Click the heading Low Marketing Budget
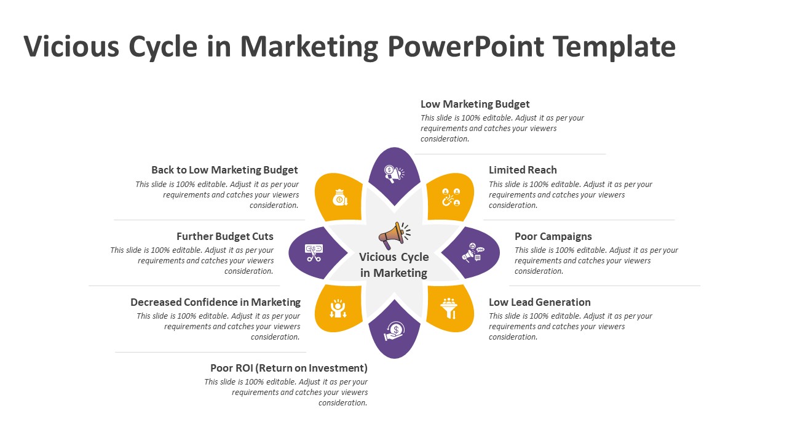point(475,104)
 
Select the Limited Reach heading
point(523,170)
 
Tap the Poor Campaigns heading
point(553,236)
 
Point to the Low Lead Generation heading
point(539,302)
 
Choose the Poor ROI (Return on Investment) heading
point(289,368)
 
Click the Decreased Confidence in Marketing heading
point(215,302)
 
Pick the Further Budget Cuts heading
point(225,236)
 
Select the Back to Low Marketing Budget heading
point(224,170)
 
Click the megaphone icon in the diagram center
point(393,234)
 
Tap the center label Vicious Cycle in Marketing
point(393,265)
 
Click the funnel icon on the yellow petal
point(450,308)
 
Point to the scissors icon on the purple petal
point(314,253)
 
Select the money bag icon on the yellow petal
point(339,197)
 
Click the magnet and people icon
point(451,197)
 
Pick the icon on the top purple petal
point(393,174)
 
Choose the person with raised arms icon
point(338,308)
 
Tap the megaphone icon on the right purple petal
point(473,253)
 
